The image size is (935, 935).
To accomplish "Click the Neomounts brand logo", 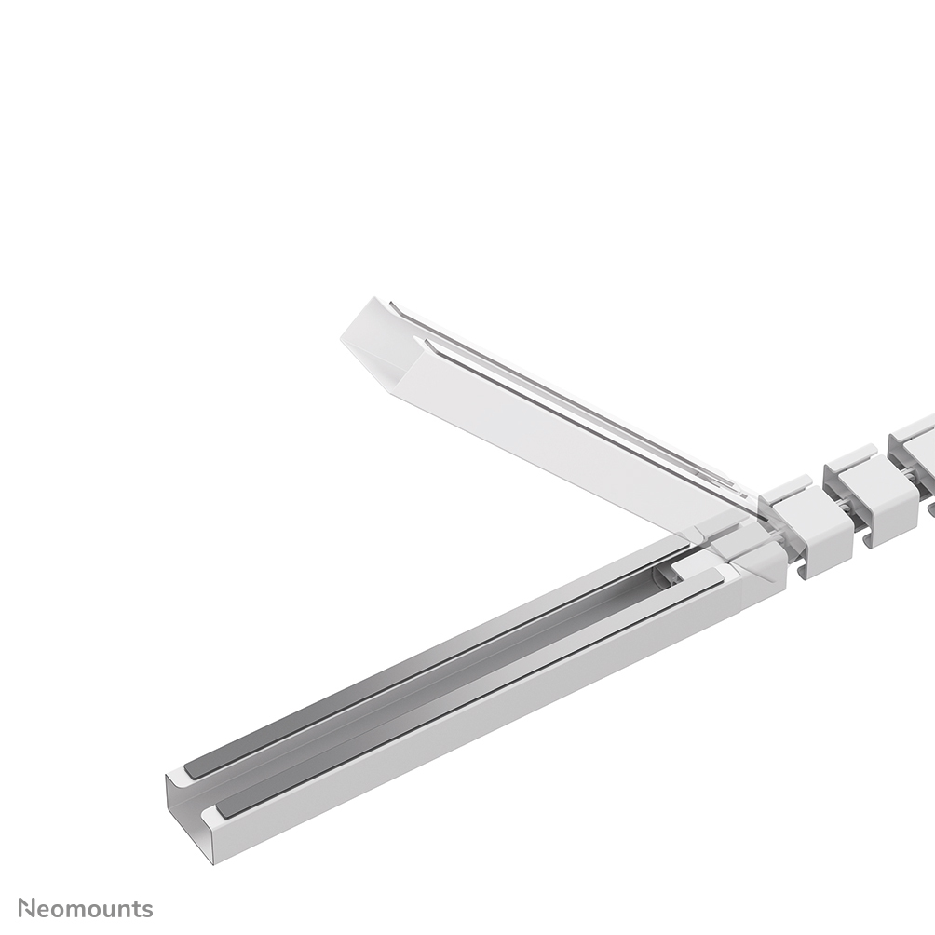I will pos(86,909).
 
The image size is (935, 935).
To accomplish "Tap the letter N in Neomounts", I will pos(28,909).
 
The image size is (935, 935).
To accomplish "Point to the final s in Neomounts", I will pos(147,910).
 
